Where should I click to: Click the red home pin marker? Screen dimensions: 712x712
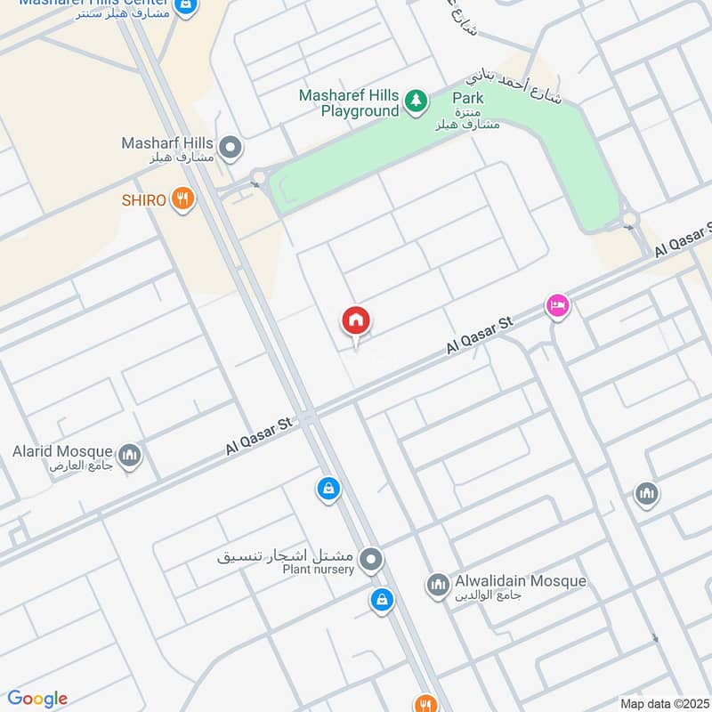(356, 321)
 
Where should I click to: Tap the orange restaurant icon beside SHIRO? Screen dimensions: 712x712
(183, 199)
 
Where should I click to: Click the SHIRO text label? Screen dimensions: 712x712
(144, 200)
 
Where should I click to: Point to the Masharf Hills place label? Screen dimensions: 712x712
(168, 143)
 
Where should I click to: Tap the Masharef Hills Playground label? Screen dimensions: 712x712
(349, 103)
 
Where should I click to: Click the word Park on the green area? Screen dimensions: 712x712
(467, 98)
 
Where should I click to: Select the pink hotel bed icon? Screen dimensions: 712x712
(558, 306)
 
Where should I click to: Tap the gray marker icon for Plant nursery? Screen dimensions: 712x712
(371, 561)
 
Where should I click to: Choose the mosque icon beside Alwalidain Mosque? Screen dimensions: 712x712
(437, 585)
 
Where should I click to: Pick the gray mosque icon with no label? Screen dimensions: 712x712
(646, 492)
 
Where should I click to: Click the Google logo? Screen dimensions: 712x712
(37, 699)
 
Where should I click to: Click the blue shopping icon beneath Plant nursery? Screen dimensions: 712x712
(381, 601)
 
